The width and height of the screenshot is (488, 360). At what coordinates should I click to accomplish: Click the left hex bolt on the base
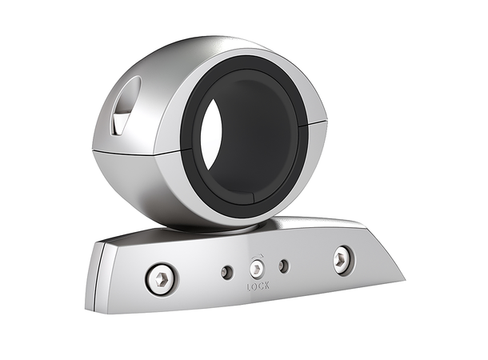162,278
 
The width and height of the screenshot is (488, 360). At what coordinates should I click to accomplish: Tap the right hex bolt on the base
343,258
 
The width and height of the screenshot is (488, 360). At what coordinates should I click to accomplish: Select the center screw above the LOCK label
257,268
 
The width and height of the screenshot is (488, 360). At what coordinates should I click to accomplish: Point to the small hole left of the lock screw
227,272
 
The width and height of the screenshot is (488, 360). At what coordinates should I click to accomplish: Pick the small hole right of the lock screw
282,266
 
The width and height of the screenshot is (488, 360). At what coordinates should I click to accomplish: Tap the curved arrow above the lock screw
257,258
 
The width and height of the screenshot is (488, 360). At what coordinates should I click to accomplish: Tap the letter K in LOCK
267,284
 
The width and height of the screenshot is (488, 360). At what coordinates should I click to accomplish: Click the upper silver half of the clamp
192,60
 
